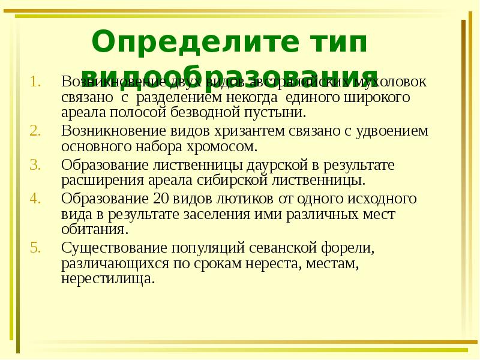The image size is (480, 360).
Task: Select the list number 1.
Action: [x=35, y=81]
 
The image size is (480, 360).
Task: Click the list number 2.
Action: [x=35, y=131]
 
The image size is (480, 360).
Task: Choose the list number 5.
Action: [x=35, y=247]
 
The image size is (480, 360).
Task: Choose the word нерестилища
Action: [x=108, y=279]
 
